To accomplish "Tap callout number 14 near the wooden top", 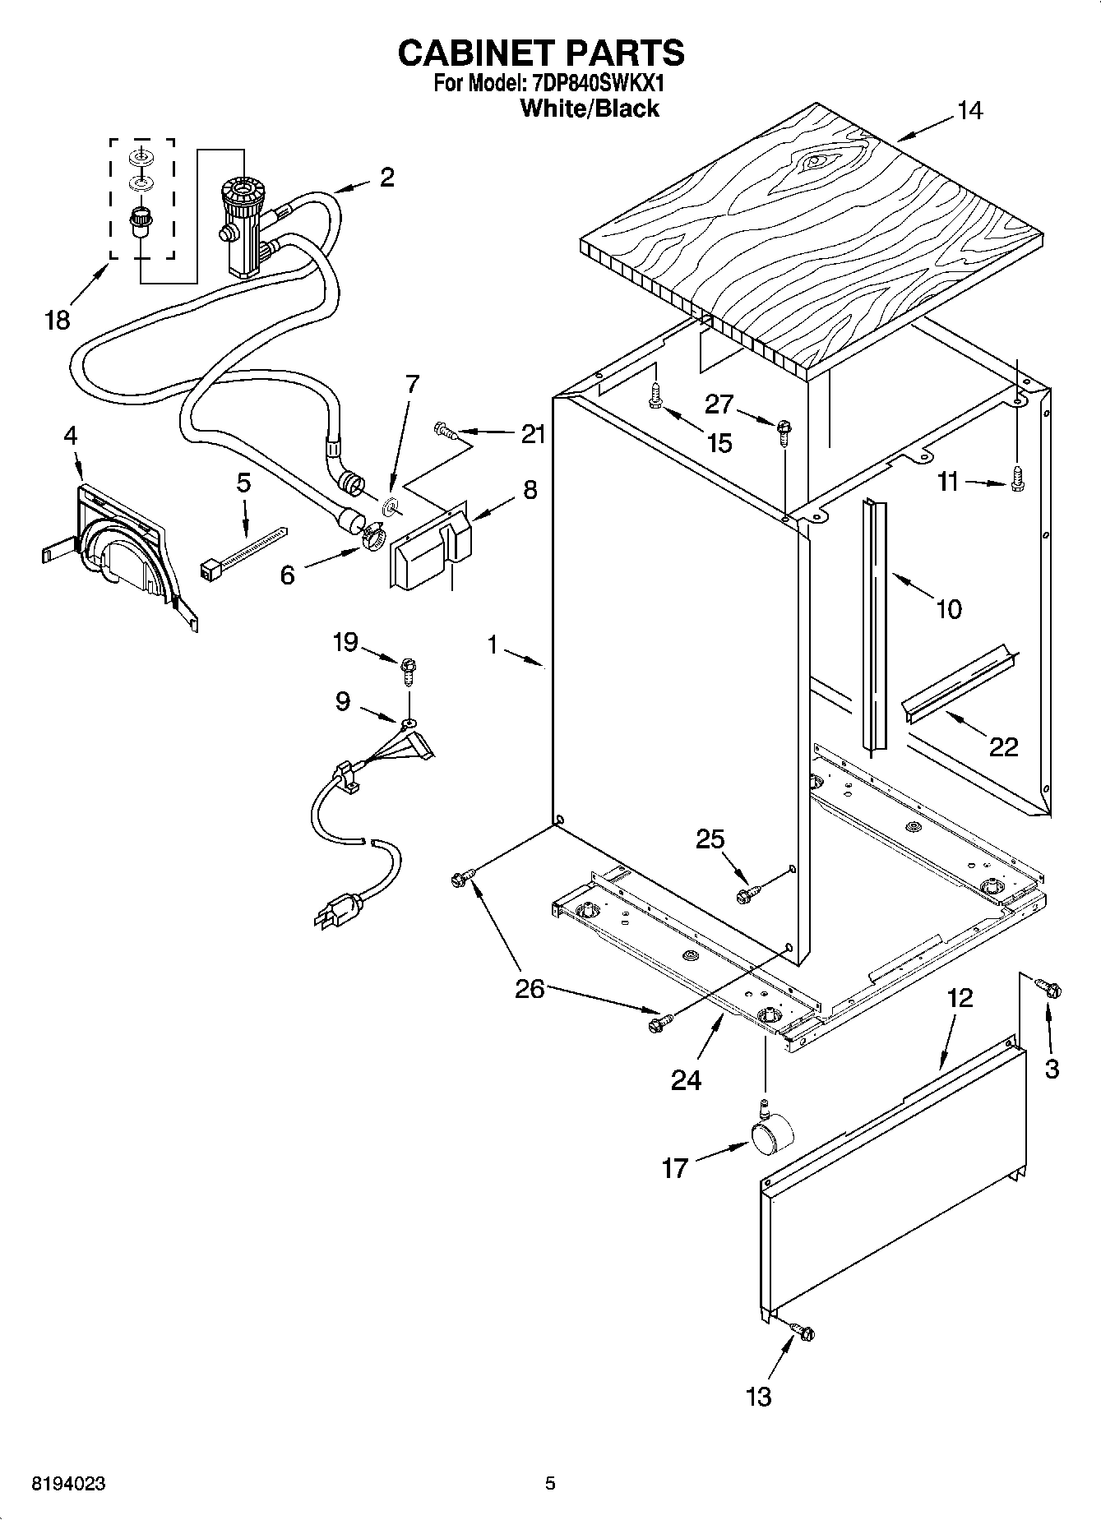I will [x=969, y=110].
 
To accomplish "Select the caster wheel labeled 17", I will [x=772, y=1137].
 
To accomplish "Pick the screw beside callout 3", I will [x=1048, y=988].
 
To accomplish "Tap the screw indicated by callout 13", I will [x=802, y=1331].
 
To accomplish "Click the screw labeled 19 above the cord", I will [x=409, y=669].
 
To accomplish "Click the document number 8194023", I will [x=67, y=1484].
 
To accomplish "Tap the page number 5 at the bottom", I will [x=550, y=1484].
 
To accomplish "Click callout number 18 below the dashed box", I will [x=57, y=319].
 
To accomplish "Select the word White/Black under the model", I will [x=590, y=109].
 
